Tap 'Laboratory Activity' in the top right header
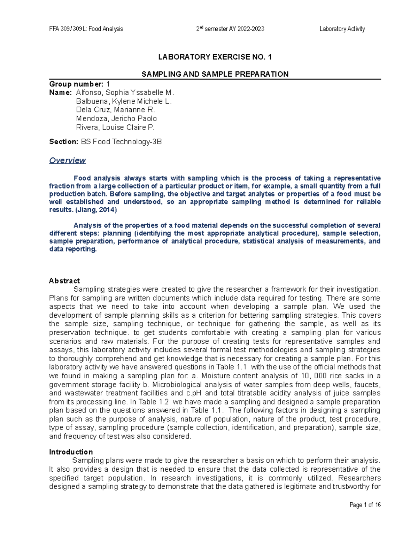tap(342, 29)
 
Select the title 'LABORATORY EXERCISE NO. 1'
tap(215, 57)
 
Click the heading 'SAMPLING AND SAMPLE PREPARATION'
tap(215, 74)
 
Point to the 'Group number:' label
tap(76, 84)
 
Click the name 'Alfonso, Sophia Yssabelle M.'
tap(125, 93)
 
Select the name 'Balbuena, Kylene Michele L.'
tap(124, 101)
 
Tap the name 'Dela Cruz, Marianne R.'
tap(115, 110)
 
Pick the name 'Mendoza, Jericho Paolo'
tap(116, 119)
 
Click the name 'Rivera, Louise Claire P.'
tap(115, 127)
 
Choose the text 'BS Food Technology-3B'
tap(121, 142)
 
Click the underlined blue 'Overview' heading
tap(67, 160)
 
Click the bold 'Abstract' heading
tap(64, 281)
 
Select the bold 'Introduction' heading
tap(71, 452)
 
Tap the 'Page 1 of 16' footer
tap(365, 505)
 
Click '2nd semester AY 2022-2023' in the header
tap(230, 29)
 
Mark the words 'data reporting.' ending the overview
tap(73, 249)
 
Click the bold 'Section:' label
tap(64, 142)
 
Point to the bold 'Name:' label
tap(61, 93)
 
